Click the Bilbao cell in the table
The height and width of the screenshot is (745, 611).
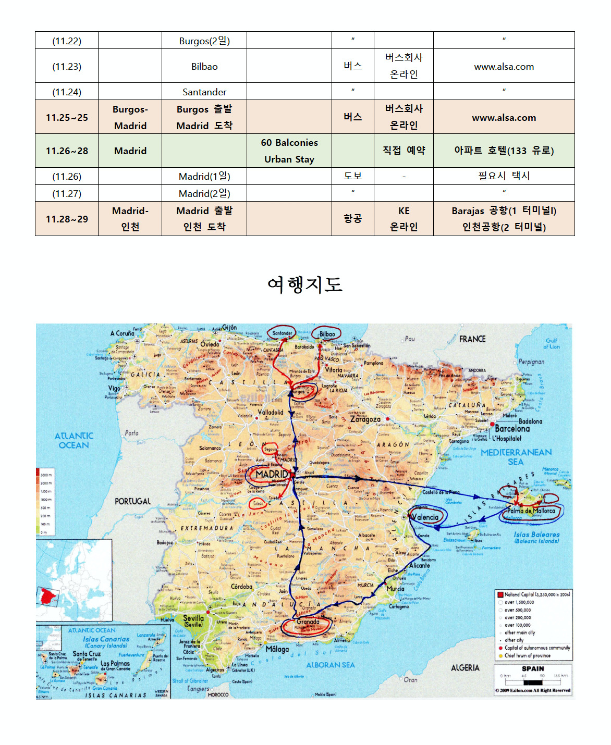pos(204,66)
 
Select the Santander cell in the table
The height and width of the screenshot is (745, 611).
pos(204,92)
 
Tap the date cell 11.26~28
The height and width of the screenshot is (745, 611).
pos(67,151)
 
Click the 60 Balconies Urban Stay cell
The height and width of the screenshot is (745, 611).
pos(289,151)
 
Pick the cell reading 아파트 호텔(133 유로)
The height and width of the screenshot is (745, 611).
pos(504,151)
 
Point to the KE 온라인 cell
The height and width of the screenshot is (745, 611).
pos(404,219)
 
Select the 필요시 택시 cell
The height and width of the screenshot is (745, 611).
pos(504,176)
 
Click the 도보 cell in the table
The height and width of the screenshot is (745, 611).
pos(352,176)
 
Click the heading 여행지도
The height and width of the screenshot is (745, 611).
pos(305,284)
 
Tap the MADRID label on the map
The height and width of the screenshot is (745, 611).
pos(271,474)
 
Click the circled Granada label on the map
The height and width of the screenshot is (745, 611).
pos(308,622)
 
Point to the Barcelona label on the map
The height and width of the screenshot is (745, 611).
pos(512,429)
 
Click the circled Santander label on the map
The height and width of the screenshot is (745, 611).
pos(282,333)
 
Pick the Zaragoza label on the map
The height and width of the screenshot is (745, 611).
pos(365,419)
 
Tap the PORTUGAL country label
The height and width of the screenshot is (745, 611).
pos(132,501)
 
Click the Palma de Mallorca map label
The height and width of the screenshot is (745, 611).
pos(531,511)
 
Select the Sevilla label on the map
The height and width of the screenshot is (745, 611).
pos(193,620)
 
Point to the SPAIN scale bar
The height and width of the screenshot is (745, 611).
pos(533,680)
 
